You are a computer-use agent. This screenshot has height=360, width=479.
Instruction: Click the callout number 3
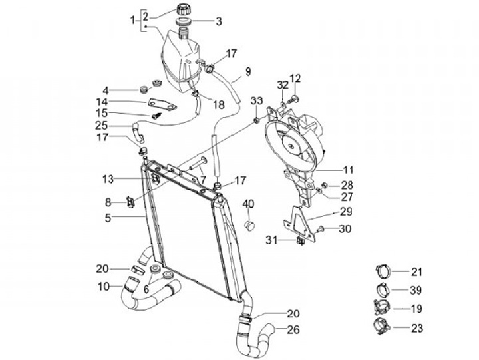pos(218,21)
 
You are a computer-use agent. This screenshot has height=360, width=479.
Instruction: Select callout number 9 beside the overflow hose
pos(247,71)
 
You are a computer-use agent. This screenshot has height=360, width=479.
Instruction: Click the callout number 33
pos(256,101)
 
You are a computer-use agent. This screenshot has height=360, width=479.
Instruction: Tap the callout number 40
pos(249,203)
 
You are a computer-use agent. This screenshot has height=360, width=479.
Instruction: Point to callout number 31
pos(272,240)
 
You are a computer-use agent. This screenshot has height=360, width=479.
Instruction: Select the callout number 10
pos(104,287)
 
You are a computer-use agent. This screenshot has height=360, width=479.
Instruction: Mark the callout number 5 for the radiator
pos(107,216)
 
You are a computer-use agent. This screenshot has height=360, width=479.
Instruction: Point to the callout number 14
pos(102,102)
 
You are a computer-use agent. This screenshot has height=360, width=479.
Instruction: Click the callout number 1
pos(132,21)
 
